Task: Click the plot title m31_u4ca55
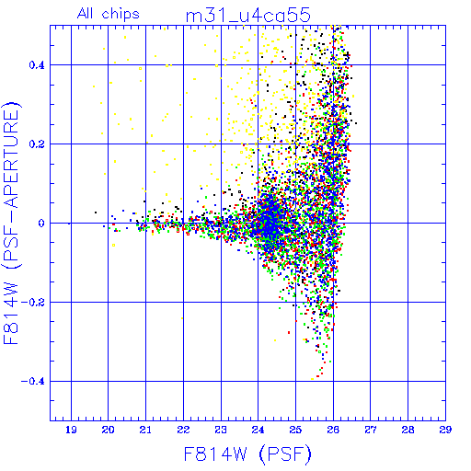pos(248,16)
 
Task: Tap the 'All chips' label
pos(109,14)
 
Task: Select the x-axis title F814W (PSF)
pos(247,454)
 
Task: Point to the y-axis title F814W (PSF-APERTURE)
pos(11,223)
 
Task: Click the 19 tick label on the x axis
pos(71,430)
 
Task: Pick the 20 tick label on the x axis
pos(108,430)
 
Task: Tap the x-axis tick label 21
pos(145,430)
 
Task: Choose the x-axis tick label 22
pos(183,430)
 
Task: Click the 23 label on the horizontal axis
pos(221,430)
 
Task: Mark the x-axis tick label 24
pos(258,430)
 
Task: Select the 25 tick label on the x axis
pos(295,430)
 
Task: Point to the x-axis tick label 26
pos(333,430)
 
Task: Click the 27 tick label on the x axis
pos(371,430)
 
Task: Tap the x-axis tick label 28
pos(408,430)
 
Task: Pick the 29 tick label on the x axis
pos(445,430)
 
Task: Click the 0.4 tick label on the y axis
pos(37,65)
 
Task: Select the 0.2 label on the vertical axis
pos(37,144)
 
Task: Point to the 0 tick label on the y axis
pos(41,224)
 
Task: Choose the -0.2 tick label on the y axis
pos(33,303)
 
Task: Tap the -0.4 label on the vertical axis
pos(33,382)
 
